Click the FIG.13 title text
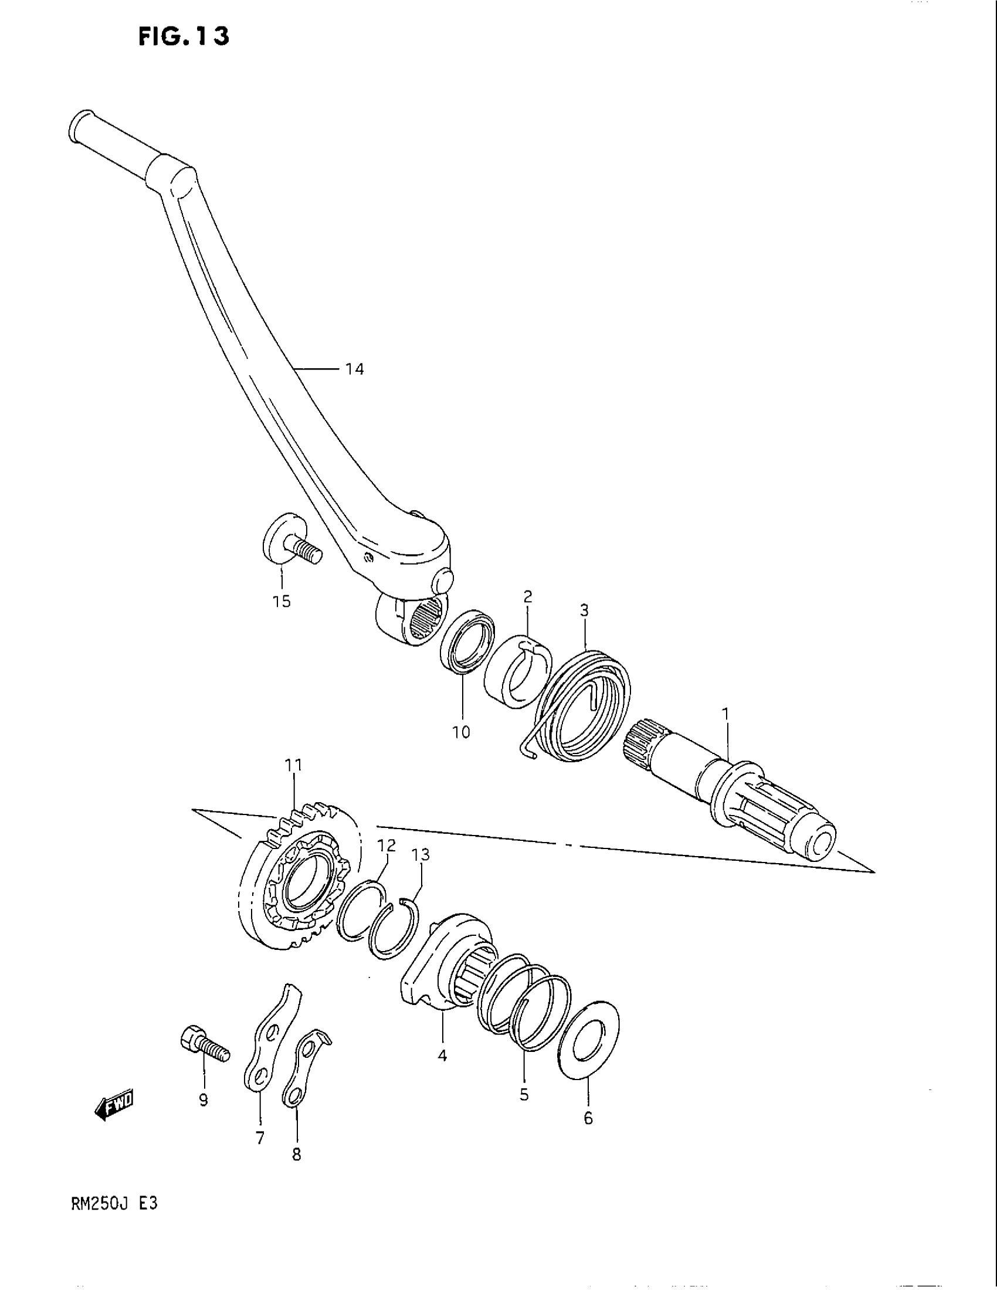pos(184,36)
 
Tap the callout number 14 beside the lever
pos(354,370)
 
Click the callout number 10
pos(462,732)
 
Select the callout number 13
pos(421,855)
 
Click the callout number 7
pos(260,1138)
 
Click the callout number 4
pos(442,1055)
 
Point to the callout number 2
pos(527,596)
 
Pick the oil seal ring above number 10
pos(468,641)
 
